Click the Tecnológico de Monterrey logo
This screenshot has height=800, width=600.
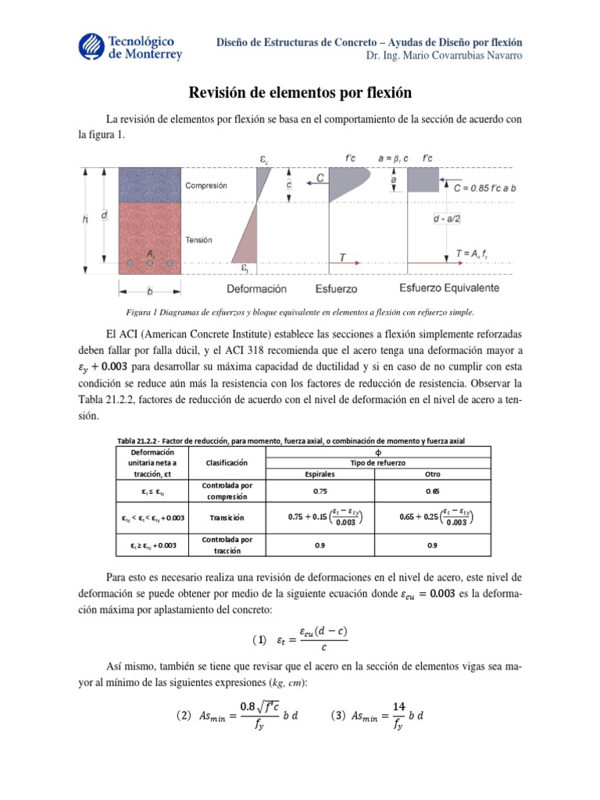[131, 47]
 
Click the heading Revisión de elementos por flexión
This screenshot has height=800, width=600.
[300, 93]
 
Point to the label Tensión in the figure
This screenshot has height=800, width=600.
[199, 240]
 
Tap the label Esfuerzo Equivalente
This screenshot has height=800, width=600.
[449, 288]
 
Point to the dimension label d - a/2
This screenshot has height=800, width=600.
[448, 220]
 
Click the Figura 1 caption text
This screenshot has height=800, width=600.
[299, 312]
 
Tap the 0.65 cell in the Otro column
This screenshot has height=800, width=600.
[432, 491]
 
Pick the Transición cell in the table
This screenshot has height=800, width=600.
[226, 517]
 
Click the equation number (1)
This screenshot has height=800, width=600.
[259, 640]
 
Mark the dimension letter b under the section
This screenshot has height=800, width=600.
[149, 290]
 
